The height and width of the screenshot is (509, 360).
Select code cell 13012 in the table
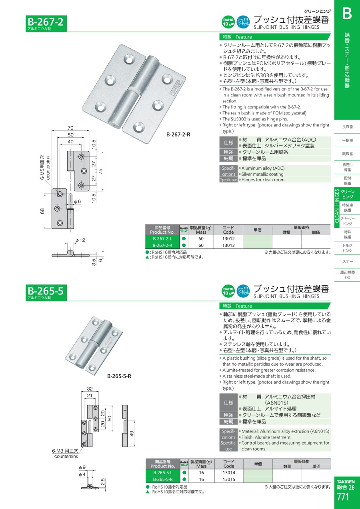coord(228,238)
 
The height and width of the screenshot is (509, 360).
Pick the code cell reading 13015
coord(229,479)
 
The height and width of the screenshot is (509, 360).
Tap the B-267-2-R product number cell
coord(162,245)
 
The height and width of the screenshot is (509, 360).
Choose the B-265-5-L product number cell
coord(163,473)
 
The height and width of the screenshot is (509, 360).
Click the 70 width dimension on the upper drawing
coord(70,128)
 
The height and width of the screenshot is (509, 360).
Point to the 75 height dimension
coord(100,171)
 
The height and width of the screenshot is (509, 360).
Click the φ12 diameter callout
coord(80,240)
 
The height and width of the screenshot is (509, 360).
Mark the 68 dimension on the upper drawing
coord(42,211)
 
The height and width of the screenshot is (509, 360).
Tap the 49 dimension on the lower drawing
coord(132,433)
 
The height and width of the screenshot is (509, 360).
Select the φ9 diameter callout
coord(82,467)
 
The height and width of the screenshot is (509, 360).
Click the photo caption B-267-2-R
coord(178,134)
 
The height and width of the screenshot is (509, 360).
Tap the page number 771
coord(343,497)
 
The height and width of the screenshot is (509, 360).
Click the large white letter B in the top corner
coord(347,14)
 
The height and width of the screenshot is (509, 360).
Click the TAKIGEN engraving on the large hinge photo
coord(176,87)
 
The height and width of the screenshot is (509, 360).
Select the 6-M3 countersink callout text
coord(65,453)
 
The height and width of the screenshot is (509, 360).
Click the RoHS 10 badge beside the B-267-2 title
coord(228,22)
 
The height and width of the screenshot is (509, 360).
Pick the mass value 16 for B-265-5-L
coord(202,473)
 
